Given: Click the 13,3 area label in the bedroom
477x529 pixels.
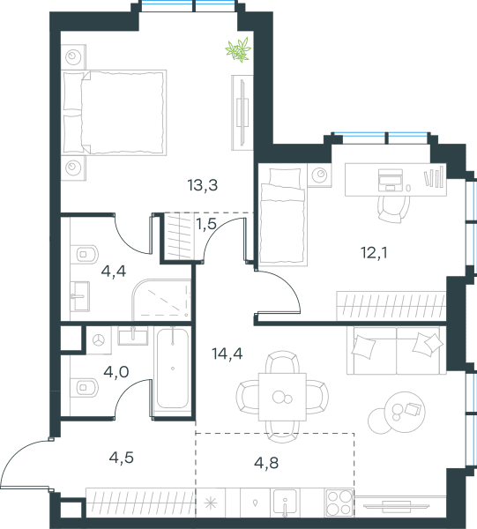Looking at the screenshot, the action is (x=203, y=185).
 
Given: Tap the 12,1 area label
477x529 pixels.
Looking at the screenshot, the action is (x=374, y=253).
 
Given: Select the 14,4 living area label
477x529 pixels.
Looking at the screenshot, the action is (x=227, y=354).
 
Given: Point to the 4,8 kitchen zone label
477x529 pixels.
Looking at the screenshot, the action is (x=266, y=463).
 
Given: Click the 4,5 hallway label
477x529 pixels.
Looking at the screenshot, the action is (x=122, y=458).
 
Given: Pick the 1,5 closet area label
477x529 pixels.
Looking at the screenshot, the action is (x=206, y=224).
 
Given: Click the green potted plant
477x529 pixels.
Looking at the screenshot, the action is (x=238, y=50).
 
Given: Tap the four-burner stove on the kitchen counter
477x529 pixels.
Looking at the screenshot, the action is (x=339, y=503).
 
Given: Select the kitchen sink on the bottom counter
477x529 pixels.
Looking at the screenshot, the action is (x=285, y=503).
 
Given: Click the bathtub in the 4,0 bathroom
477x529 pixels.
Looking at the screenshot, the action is (x=173, y=368).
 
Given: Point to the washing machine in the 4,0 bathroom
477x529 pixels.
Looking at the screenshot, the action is (x=99, y=340).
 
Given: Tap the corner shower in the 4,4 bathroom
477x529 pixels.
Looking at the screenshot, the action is (x=161, y=300).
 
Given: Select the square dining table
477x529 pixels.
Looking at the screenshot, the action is (x=282, y=397).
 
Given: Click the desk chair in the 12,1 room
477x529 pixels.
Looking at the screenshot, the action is (x=393, y=209).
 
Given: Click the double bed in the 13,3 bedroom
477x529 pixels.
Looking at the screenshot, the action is (x=115, y=112).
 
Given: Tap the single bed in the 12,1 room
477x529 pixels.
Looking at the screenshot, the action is (x=283, y=217).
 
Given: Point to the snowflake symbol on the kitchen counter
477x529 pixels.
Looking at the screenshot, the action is (x=211, y=503).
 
